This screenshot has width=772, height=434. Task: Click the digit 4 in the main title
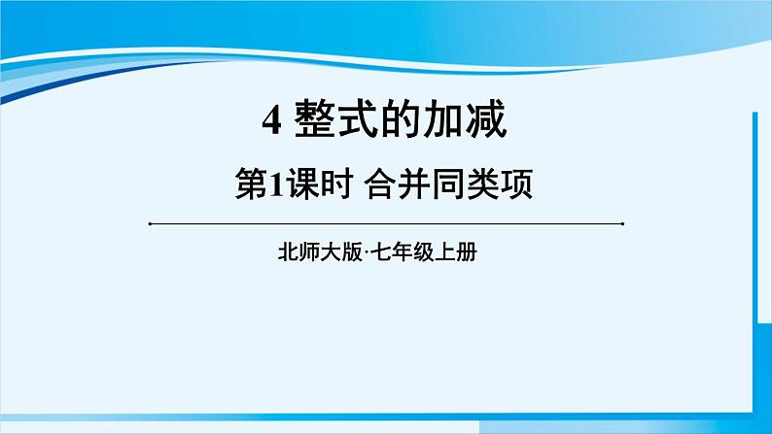271,123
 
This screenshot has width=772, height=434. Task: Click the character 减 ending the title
484,122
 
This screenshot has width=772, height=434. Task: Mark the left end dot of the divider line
151,223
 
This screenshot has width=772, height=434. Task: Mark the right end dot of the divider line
621,223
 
